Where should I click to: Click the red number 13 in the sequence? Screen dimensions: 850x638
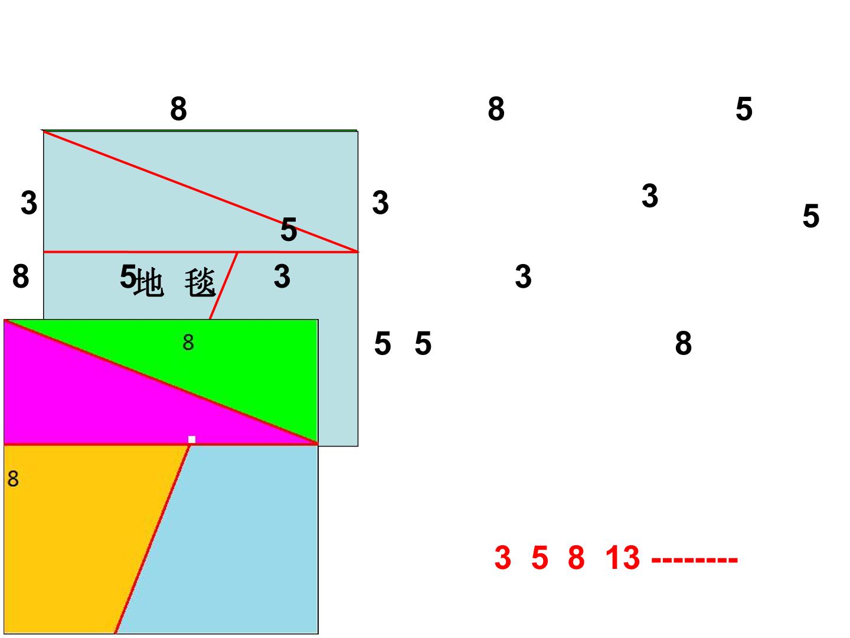pos(622,558)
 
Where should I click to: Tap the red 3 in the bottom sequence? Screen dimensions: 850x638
pos(503,558)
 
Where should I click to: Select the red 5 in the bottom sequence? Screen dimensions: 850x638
pos(540,558)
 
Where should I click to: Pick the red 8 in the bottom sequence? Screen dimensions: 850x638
pos(576,558)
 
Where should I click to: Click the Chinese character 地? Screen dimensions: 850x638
pos(149,282)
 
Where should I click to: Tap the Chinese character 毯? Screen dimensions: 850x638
pos(200,282)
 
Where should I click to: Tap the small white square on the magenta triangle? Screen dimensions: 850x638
pos(192,440)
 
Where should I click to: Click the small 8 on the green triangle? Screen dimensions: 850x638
pos(188,343)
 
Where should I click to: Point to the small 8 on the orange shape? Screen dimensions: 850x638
pos(13,479)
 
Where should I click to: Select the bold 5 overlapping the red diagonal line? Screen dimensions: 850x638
pos(289,229)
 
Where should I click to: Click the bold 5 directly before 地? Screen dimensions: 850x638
pos(127,276)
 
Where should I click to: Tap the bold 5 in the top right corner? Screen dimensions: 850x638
pos(744,109)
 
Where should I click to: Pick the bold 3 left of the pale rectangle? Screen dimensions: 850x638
pos(29,203)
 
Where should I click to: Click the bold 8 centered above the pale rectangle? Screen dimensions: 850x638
pos(178,109)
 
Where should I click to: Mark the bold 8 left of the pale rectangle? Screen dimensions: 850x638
pos(21,276)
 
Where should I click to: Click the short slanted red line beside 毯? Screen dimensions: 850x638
pos(224,286)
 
